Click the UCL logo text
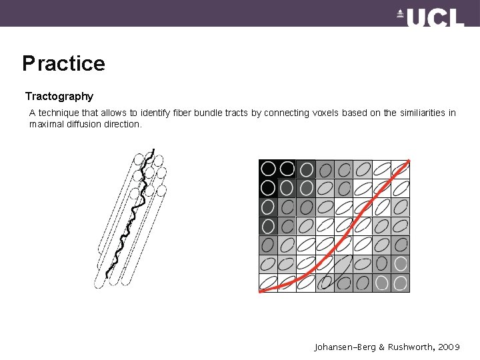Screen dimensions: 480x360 coord(435,17)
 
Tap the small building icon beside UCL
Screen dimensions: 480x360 coord(400,14)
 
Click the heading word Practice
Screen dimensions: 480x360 coord(64,63)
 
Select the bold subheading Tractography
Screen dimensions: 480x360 coord(59,96)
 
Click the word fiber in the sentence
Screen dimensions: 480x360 coord(182,113)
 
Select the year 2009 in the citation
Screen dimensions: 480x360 coord(449,347)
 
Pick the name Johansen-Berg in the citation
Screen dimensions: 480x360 coord(345,347)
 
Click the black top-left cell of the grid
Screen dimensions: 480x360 coord(268,169)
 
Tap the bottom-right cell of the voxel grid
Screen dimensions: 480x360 coord(401,283)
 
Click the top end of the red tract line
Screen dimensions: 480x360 coord(409,161)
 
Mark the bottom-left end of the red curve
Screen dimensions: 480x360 coord(261,291)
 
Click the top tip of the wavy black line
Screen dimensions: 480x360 coord(154,149)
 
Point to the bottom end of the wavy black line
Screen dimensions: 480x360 coord(107,277)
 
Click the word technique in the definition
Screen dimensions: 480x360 coord(59,113)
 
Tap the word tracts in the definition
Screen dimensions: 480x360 coord(236,113)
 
